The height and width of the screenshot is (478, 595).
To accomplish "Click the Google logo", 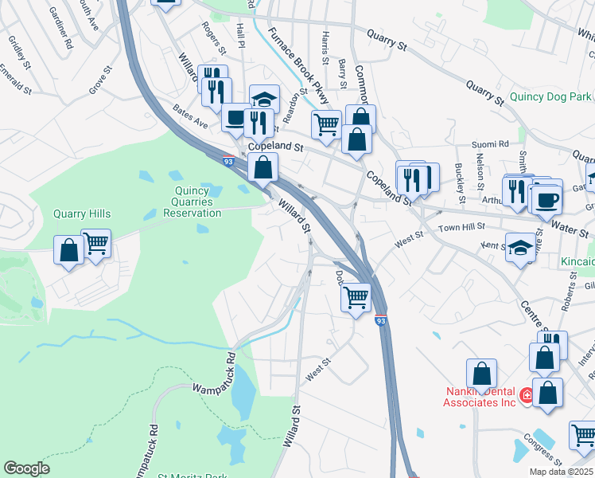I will pos(26,468).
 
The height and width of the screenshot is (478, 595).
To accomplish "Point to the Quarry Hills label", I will pos(81,214).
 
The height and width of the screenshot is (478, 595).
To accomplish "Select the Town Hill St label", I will pos(461,228).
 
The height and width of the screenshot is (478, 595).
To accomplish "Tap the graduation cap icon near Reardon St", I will pos(264,99).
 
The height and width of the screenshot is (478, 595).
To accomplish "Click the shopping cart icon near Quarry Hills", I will pos(95,243).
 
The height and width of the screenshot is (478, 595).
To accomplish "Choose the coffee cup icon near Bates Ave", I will pos(235,118).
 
